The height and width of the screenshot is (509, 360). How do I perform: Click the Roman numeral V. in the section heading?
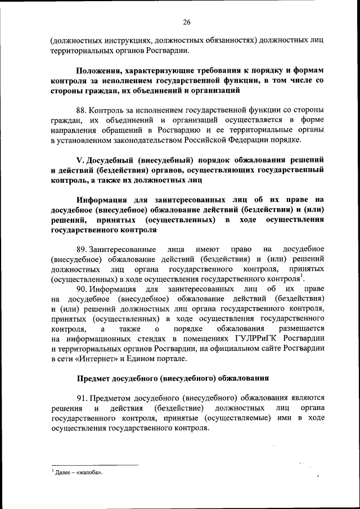[x=79, y=160]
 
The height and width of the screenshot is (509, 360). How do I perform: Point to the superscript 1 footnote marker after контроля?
[x=301, y=276]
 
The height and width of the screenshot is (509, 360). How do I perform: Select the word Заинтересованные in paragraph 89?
[x=120, y=249]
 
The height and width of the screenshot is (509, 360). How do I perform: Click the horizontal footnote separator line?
[x=94, y=465]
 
